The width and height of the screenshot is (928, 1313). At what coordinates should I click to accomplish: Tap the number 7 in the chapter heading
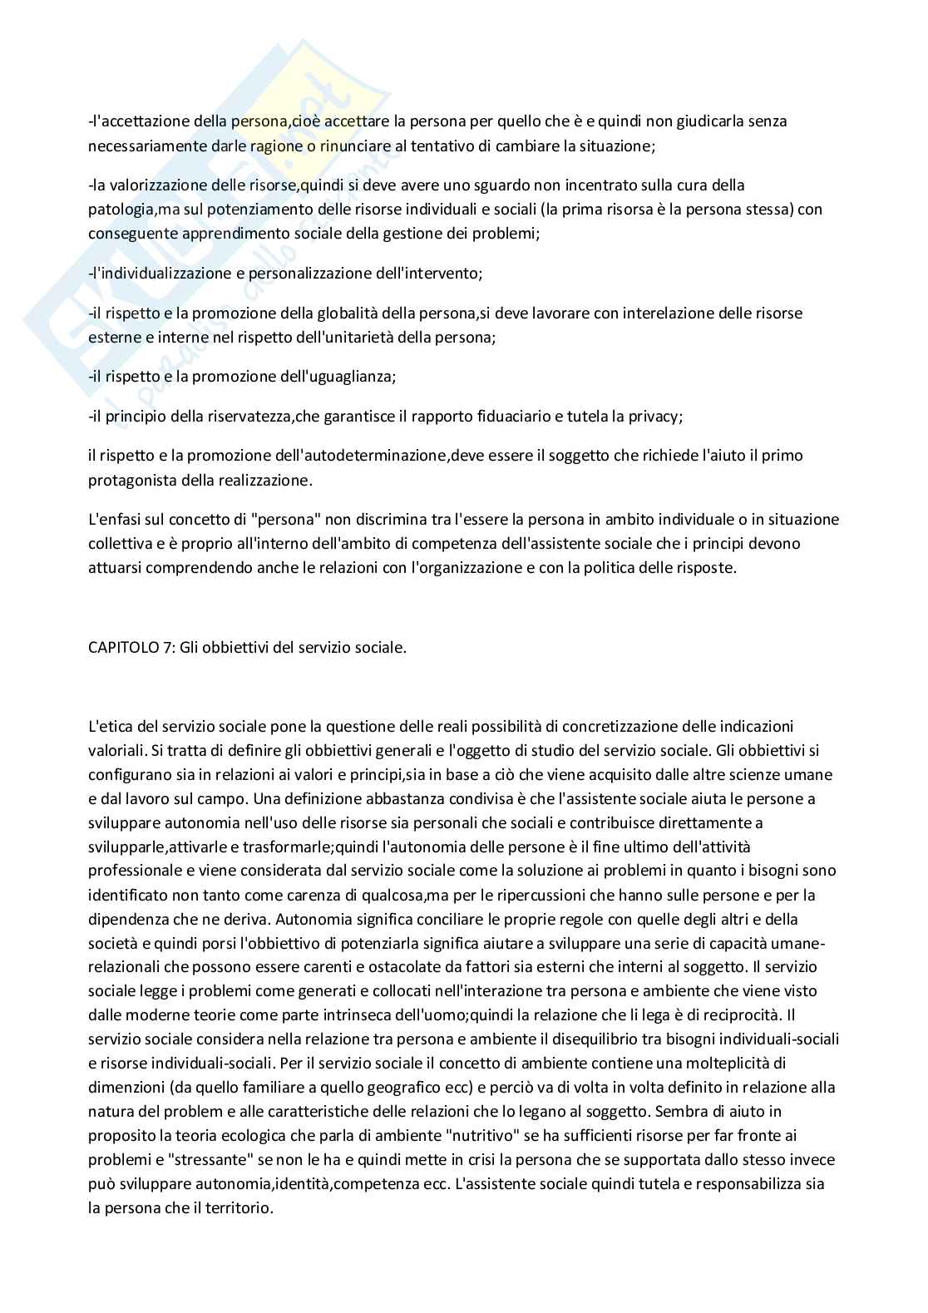point(166,648)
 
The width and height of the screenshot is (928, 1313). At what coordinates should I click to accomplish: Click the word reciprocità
point(739,1015)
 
